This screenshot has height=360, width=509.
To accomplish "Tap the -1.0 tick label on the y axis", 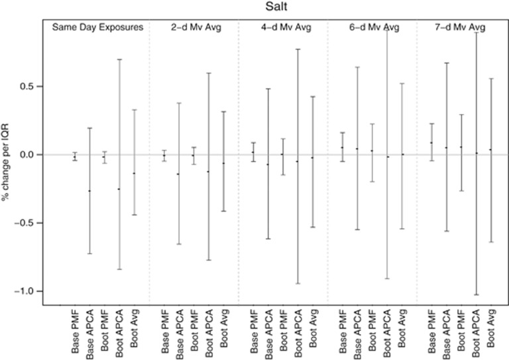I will click(x=29, y=291).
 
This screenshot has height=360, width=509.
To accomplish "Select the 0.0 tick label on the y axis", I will click(x=32, y=154).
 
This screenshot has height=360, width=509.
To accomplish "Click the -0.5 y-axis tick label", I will click(x=29, y=223).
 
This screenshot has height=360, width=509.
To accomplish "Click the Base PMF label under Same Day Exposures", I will click(x=75, y=330).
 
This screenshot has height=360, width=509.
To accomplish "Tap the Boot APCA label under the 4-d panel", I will click(x=298, y=330).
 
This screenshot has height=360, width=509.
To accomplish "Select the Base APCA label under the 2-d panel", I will click(x=179, y=330).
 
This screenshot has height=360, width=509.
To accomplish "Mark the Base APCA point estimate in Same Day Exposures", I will click(x=89, y=191).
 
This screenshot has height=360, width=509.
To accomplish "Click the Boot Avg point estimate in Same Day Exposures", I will click(x=134, y=173).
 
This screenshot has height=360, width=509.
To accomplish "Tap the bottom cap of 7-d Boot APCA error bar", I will click(x=476, y=294).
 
